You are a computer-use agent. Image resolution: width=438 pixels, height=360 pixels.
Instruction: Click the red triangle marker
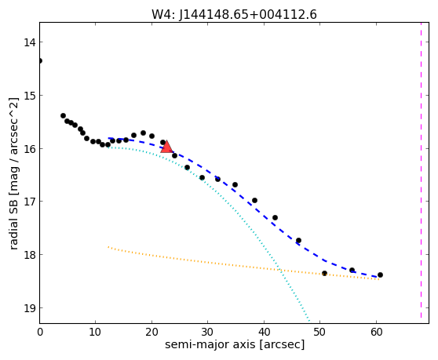166,147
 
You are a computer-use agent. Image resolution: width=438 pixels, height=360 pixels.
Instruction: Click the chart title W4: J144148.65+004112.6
234,15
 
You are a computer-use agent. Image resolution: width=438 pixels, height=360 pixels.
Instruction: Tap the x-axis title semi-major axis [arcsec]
235,344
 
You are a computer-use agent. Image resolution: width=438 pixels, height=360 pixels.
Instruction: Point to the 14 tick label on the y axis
29,42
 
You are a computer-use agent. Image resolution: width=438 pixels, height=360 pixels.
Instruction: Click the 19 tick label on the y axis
29,308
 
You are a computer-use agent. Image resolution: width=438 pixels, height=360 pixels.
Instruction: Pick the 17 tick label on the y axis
29,202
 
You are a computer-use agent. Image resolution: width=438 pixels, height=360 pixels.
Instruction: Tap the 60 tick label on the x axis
376,332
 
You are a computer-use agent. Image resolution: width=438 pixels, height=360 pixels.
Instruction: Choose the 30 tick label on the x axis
207,332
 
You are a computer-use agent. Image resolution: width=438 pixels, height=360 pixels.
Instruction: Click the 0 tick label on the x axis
40,332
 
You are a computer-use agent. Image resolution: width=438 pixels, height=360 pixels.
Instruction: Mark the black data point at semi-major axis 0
40,61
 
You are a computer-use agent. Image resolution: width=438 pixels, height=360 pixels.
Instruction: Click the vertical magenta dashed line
421,170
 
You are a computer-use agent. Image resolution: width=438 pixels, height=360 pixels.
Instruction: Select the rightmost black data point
380,275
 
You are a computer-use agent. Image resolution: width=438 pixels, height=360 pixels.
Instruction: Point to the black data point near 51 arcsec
324,273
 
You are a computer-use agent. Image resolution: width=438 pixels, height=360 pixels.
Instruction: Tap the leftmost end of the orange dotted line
108,247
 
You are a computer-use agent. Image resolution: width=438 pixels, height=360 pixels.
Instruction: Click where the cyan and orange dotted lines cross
280,270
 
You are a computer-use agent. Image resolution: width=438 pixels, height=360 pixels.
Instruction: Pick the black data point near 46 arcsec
298,240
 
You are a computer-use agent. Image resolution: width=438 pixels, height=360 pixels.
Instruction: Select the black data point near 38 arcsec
254,200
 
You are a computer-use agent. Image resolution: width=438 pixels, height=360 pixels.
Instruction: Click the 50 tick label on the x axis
319,332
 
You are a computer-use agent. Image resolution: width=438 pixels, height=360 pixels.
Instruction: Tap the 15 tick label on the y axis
29,96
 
